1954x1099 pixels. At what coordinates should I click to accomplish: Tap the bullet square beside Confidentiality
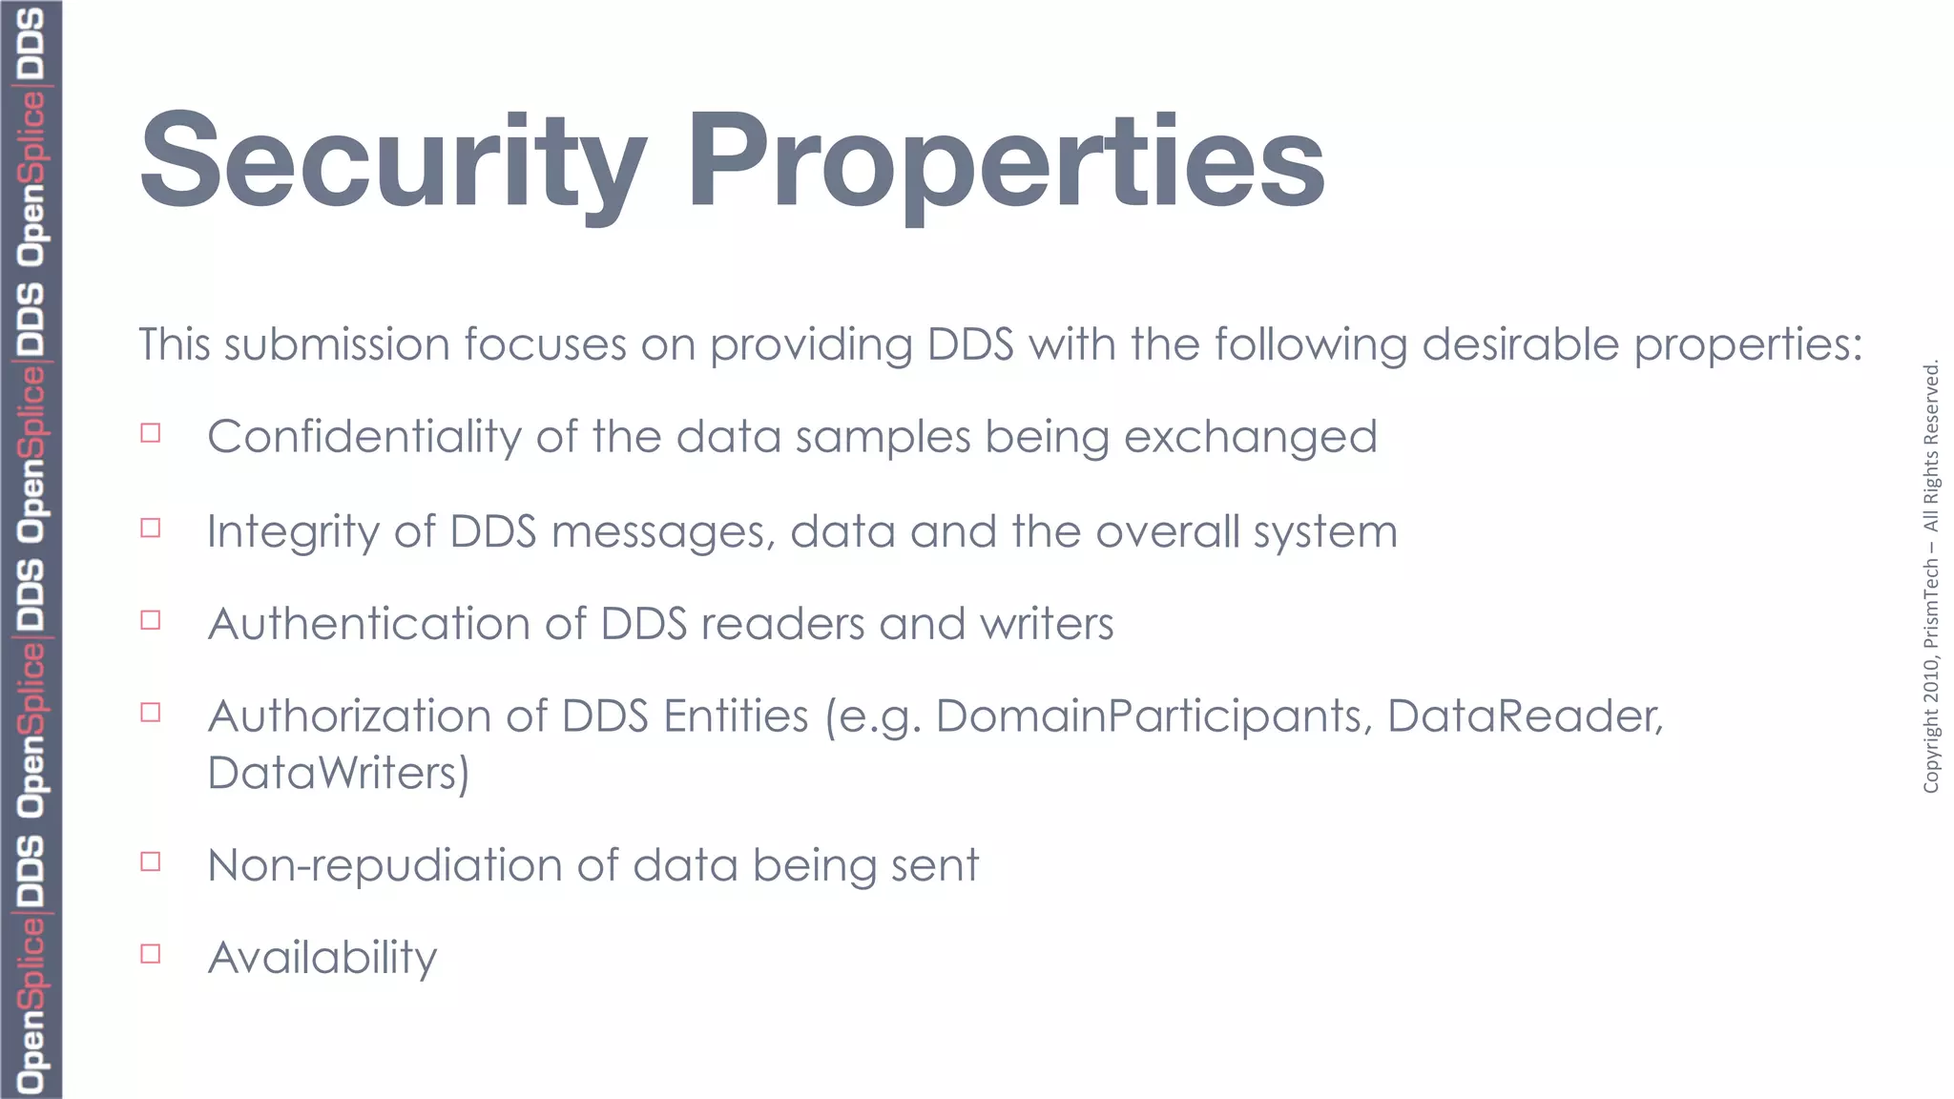(151, 433)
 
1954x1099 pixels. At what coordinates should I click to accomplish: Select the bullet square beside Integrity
(151, 528)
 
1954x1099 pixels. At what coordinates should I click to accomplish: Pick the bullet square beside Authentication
(151, 620)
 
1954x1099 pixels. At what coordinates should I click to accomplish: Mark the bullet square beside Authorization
(151, 713)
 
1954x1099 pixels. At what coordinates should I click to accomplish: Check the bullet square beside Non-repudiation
(151, 861)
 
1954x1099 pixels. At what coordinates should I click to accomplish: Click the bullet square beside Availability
(151, 954)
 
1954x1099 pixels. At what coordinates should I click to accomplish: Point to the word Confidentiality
(364, 437)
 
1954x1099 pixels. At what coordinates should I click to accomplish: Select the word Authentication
(368, 624)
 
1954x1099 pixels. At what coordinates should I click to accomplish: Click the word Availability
(322, 958)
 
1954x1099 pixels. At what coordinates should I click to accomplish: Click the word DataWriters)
(339, 773)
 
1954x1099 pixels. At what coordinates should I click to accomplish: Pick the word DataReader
(1524, 716)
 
